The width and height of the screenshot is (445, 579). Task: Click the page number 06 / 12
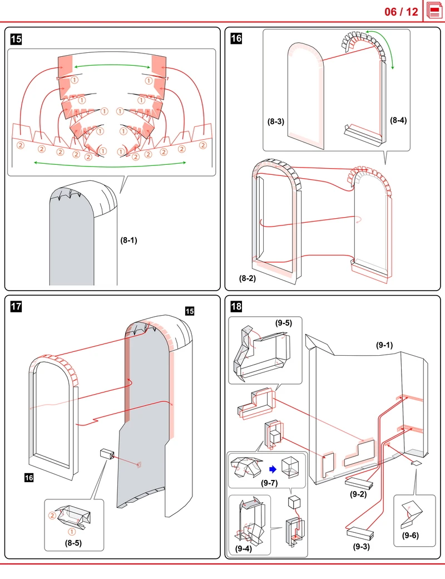401,12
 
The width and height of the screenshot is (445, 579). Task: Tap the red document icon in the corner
434,11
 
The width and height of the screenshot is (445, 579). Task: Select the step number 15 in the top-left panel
16,39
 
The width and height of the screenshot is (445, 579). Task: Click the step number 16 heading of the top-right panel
236,38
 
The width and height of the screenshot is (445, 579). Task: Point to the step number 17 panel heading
16,307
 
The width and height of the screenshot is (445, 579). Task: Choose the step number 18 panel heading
236,307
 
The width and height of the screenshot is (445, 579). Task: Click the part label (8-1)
129,240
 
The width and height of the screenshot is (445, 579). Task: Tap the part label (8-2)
247,278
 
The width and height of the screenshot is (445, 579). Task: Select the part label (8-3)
276,121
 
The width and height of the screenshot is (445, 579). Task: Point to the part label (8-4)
398,120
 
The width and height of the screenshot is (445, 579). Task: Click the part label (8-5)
73,543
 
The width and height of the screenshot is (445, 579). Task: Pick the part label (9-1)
384,345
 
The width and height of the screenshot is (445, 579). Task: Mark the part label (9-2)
358,494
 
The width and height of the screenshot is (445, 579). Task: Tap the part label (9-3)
361,547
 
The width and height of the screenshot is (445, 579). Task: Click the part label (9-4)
244,549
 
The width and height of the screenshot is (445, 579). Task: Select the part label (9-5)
283,323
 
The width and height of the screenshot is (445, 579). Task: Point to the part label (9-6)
411,535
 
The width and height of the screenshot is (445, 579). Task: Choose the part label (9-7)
269,483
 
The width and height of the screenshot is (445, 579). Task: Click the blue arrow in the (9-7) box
273,469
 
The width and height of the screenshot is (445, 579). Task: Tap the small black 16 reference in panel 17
29,478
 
